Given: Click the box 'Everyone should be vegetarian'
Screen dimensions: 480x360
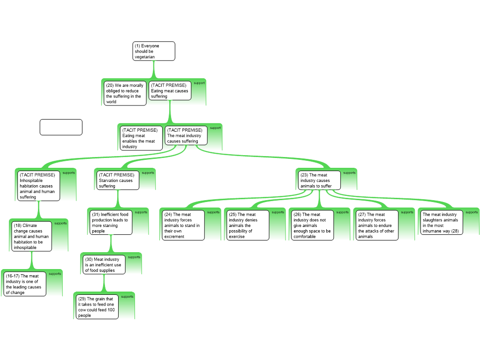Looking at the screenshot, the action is pos(154,51).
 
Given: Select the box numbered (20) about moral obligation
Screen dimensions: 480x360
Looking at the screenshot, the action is pos(125,93).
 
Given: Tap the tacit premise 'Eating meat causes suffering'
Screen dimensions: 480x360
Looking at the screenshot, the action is pos(170,90).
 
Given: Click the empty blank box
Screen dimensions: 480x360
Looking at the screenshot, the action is pos(61,127).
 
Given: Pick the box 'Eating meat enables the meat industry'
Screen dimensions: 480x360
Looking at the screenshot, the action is pos(141,138).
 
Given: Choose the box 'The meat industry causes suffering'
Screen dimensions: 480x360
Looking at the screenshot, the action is pos(186,135).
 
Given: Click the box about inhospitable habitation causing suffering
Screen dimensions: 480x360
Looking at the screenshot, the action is pos(38,186).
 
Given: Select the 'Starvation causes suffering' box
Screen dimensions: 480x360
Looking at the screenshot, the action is pos(118,180).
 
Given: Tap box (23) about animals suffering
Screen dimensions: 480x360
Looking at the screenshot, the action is pos(319,180).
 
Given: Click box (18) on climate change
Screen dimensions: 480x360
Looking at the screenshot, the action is pos(31,236).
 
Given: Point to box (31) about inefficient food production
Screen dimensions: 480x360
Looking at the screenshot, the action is pos(111,223).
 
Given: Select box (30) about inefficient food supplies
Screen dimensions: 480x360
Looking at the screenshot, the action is pos(104,264).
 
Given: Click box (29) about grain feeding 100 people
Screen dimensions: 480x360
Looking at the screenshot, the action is pos(97,307).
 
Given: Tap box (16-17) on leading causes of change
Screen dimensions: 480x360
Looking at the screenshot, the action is pos(25,284).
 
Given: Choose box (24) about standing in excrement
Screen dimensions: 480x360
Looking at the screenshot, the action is pos(183,225).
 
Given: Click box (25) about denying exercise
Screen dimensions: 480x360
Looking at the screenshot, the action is pos(247,225).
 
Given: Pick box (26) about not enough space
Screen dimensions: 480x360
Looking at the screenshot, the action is pos(312,225).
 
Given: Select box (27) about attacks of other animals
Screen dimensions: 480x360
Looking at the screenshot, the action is pos(377,225).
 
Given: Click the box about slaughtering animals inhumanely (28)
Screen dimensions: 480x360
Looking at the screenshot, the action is pos(442,223).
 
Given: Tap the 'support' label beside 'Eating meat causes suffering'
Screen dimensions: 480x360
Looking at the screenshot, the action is pos(199,83).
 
